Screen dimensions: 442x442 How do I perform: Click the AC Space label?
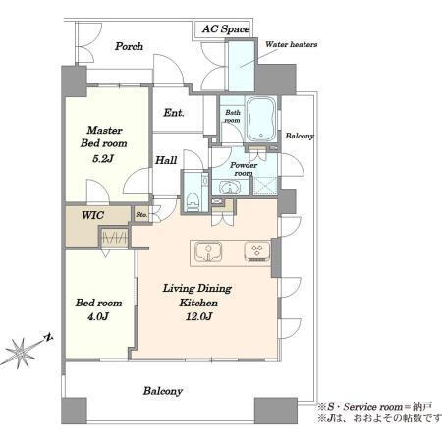[226, 29]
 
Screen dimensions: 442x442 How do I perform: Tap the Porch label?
[129, 46]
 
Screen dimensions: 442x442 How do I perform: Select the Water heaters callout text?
[291, 44]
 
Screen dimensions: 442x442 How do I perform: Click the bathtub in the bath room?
[261, 119]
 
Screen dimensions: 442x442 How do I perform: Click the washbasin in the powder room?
[230, 188]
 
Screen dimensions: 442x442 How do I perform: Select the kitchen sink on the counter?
[208, 251]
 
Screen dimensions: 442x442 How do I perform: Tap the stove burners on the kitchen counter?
[257, 251]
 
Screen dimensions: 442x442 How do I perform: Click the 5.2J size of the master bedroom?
[103, 159]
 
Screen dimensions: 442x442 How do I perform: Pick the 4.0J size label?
[98, 316]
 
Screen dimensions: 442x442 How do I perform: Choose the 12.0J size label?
[199, 316]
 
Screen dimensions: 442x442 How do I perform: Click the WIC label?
[92, 215]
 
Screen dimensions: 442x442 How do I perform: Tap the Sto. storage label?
[141, 215]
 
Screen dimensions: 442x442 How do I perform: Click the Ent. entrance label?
[174, 113]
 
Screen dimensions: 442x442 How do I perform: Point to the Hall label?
[166, 160]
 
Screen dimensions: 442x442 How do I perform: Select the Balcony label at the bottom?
[163, 391]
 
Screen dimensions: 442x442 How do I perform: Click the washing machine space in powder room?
[265, 186]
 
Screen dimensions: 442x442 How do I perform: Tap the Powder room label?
[244, 169]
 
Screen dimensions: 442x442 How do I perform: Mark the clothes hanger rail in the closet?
[114, 238]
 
